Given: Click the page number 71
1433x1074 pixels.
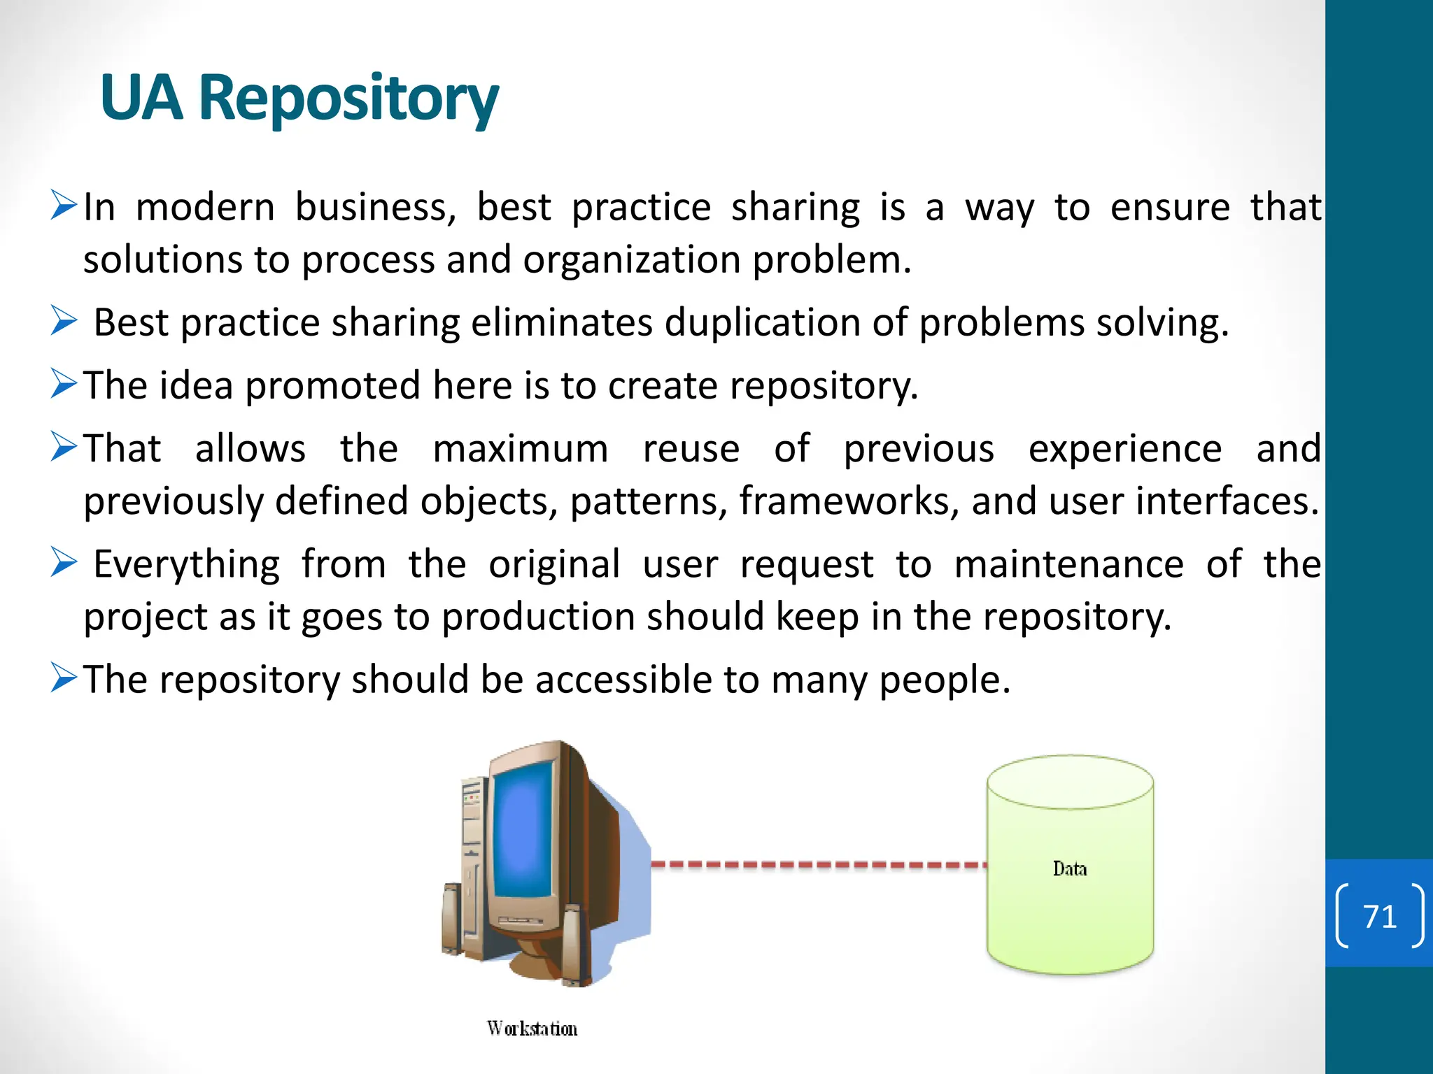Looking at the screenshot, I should click(1379, 917).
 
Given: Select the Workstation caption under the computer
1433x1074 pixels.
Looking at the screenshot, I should click(532, 1029).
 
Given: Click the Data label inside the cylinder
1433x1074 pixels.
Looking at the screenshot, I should click(1069, 869).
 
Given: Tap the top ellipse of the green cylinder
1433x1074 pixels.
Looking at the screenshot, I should click(1070, 782).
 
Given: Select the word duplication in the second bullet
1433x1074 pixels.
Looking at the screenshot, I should click(761, 323).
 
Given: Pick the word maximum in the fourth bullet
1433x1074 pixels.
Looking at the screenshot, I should click(520, 449).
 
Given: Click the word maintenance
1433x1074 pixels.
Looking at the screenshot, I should click(1068, 564).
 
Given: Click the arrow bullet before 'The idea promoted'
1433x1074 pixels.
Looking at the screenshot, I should click(64, 383).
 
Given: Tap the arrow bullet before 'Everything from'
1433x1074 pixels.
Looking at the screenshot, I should click(64, 562).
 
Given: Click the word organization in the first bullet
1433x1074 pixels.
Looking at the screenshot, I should click(632, 260).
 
